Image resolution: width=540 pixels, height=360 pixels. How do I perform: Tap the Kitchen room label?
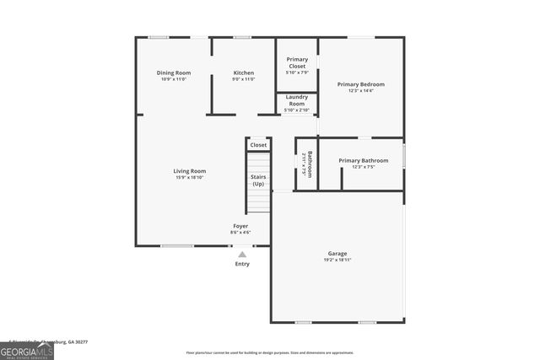pyautogui.click(x=244, y=73)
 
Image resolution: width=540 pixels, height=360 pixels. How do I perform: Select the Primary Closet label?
pyautogui.click(x=297, y=62)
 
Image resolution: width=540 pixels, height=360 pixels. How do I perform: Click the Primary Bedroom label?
pyautogui.click(x=361, y=84)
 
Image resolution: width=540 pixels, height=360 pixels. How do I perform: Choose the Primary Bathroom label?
pyautogui.click(x=364, y=160)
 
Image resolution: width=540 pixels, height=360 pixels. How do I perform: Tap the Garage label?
pyautogui.click(x=337, y=253)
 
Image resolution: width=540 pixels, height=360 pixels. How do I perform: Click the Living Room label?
pyautogui.click(x=190, y=171)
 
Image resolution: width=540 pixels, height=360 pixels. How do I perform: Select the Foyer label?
pyautogui.click(x=241, y=226)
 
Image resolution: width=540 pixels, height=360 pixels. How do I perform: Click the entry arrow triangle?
pyautogui.click(x=242, y=254)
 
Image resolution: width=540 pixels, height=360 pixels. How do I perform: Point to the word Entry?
pyautogui.click(x=242, y=264)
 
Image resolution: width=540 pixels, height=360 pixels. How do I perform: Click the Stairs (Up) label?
pyautogui.click(x=258, y=180)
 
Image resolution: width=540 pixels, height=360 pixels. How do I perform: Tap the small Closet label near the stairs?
pyautogui.click(x=258, y=145)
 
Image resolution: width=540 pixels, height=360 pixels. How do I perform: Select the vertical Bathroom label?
pyautogui.click(x=310, y=164)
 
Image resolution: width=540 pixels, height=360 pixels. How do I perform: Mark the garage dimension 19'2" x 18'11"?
pyautogui.click(x=337, y=260)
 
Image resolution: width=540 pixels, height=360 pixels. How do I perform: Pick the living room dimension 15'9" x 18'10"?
pyautogui.click(x=190, y=177)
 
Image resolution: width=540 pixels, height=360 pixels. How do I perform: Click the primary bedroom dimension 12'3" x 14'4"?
pyautogui.click(x=361, y=90)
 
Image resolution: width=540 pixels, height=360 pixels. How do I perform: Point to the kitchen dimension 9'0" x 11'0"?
pyautogui.click(x=244, y=79)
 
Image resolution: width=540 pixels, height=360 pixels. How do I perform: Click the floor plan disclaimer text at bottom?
pyautogui.click(x=270, y=352)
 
